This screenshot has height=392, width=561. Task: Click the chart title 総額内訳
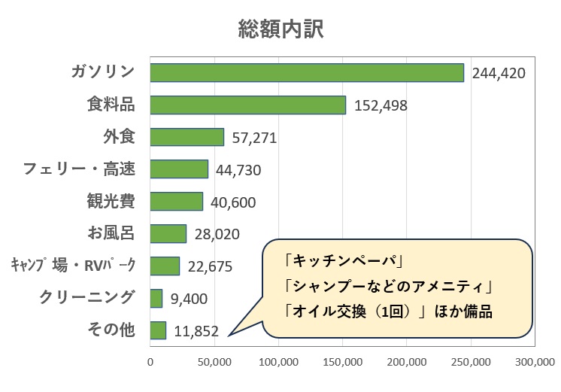coord(280,29)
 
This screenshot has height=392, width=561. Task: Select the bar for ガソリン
coord(307,72)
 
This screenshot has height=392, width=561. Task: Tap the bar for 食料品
coord(248,105)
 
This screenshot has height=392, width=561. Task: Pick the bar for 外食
coord(187,137)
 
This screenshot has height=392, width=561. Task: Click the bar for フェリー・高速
coord(179,169)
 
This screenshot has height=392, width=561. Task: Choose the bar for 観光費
coord(177,202)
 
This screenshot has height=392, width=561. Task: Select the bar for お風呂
coord(168,233)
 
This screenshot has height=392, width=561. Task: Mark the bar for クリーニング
coord(156,298)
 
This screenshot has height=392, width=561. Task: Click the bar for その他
coord(158,330)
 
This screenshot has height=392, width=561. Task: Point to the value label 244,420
coord(499,74)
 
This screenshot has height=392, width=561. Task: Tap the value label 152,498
coord(381,106)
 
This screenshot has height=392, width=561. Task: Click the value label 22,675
coord(211,267)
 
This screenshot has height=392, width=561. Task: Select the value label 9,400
coord(188,299)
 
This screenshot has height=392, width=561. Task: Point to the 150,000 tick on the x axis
coord(343,362)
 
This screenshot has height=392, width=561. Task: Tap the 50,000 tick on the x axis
coord(214,362)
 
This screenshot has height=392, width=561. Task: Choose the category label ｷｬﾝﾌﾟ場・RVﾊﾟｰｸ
coord(73,266)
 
